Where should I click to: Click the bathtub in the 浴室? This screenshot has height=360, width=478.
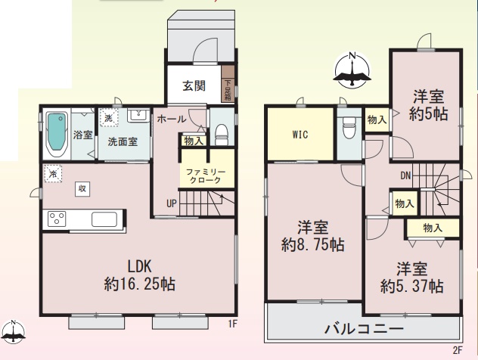click(57, 134)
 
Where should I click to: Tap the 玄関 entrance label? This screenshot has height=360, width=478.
click(194, 86)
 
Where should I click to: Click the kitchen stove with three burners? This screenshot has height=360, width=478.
click(57, 219)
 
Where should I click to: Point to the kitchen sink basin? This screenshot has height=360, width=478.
click(104, 219)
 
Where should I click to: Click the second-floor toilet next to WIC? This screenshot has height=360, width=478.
click(349, 126)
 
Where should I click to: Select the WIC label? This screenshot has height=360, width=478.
click(300, 134)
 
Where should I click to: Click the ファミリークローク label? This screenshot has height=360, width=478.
click(206, 176)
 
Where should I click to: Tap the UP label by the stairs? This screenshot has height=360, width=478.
click(172, 203)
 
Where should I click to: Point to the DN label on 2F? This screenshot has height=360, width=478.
click(405, 175)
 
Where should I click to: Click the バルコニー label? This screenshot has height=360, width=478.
click(365, 329)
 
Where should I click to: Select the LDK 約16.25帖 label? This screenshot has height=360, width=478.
click(140, 275)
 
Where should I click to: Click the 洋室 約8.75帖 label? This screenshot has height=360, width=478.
click(313, 236)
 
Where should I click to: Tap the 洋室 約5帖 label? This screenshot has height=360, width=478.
click(428, 105)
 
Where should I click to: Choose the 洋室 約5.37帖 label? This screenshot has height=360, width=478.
click(412, 278)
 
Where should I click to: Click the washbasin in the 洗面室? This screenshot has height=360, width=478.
click(138, 115)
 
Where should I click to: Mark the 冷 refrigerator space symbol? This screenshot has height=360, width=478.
click(53, 174)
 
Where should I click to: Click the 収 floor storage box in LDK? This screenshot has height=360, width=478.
click(82, 188)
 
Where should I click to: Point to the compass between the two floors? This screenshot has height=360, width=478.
click(352, 70)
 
